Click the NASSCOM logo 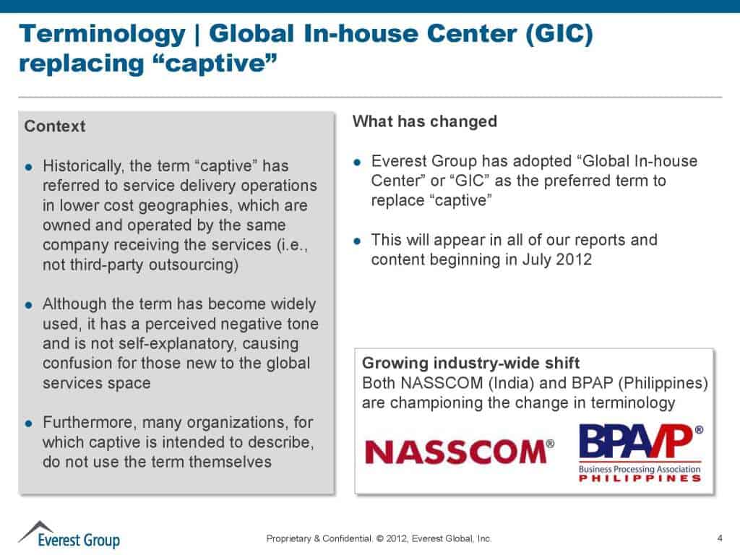tap(460, 452)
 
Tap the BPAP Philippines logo tap(641, 453)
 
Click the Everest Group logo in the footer tap(69, 535)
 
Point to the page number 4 tap(720, 538)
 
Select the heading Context tap(55, 126)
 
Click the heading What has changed tap(425, 121)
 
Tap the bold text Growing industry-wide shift tap(470, 363)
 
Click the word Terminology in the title tap(103, 34)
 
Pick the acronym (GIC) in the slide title tap(559, 34)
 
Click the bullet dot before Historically tap(29, 167)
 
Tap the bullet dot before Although tap(29, 305)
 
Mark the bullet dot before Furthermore tap(29, 423)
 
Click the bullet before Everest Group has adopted tap(357, 163)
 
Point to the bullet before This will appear tap(357, 241)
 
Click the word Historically tap(84, 166)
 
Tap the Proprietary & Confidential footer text tap(319, 538)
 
